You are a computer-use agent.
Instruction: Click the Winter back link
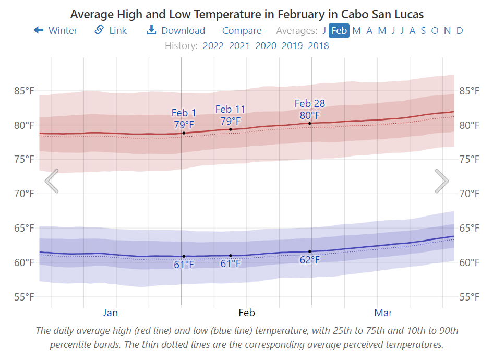pyautogui.click(x=56, y=30)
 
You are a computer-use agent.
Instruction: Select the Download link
pyautogui.click(x=176, y=30)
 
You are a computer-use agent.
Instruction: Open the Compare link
pyautogui.click(x=242, y=30)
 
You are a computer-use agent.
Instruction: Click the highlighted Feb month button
pyautogui.click(x=339, y=30)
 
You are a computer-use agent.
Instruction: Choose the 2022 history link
pyautogui.click(x=213, y=45)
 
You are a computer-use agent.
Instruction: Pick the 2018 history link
pyautogui.click(x=318, y=45)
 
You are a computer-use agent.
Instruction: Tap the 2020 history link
pyautogui.click(x=266, y=45)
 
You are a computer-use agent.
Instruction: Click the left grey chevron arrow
pyautogui.click(x=52, y=181)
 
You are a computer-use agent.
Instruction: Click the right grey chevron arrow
pyautogui.click(x=442, y=181)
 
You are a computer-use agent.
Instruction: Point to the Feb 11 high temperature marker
pyautogui.click(x=231, y=129)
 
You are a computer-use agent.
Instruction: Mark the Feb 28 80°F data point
pyautogui.click(x=310, y=123)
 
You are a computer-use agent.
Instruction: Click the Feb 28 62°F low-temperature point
pyautogui.click(x=310, y=251)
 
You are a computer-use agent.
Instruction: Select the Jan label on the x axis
pyautogui.click(x=110, y=313)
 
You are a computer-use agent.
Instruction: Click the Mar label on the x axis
pyautogui.click(x=383, y=313)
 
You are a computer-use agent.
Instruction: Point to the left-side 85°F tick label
pyautogui.click(x=23, y=91)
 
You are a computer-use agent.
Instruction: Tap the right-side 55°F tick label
pyautogui.click(x=469, y=297)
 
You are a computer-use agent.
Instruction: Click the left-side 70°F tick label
pyautogui.click(x=23, y=194)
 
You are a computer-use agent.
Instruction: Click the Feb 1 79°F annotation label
pyautogui.click(x=184, y=119)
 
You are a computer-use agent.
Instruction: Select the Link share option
pyautogui.click(x=111, y=30)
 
